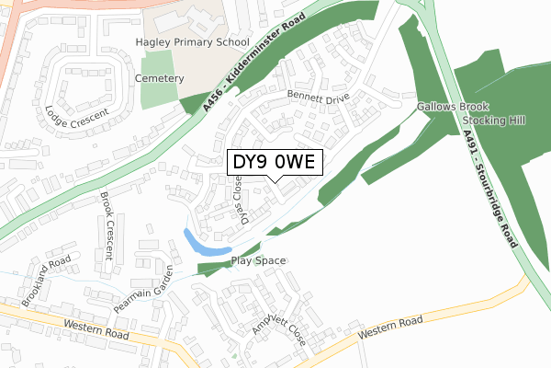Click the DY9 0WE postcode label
click(275, 162)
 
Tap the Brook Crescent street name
click(107, 218)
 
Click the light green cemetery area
click(157, 90)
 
